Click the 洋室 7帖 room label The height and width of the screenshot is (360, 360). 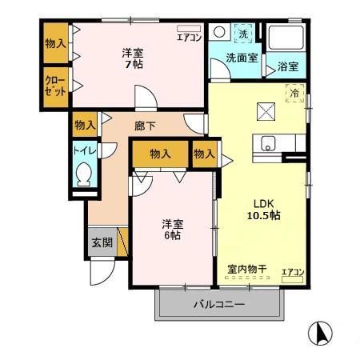click(132, 58)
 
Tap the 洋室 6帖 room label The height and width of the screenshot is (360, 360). click(172, 229)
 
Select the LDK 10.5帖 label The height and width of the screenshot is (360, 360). click(262, 209)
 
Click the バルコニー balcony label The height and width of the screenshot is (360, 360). click(218, 305)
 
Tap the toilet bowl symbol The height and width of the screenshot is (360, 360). click(84, 174)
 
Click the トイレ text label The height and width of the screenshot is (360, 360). click(84, 150)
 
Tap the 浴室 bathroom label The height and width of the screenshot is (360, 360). click(288, 67)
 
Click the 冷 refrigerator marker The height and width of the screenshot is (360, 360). click(294, 93)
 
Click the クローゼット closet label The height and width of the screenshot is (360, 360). click(54, 86)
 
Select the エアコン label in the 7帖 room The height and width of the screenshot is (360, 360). click(190, 37)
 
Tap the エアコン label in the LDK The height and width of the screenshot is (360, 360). click(293, 273)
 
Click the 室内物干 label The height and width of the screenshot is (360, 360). click(247, 270)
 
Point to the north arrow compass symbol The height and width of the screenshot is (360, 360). click(320, 333)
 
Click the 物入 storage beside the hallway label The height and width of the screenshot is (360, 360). click(85, 125)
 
